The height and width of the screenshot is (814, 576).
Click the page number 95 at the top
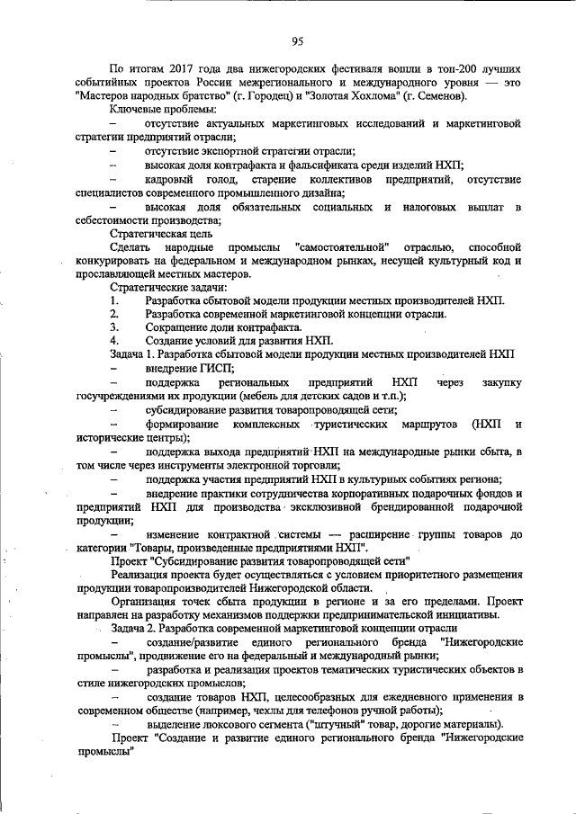click(296, 40)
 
